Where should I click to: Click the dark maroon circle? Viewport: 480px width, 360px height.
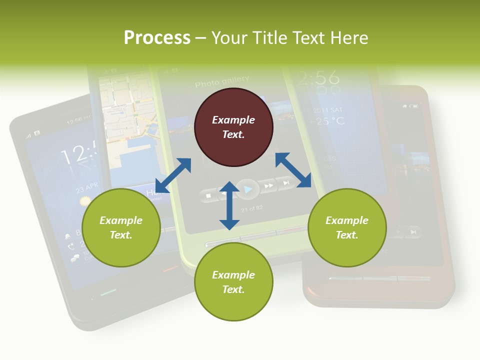233,127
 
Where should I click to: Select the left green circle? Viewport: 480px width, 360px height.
120,227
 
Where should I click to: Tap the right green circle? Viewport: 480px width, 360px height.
346,227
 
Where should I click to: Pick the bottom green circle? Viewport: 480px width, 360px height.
233,282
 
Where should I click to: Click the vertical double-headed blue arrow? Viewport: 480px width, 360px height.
229,205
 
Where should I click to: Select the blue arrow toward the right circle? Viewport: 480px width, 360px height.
293,170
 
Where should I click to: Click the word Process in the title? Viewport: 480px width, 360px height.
157,37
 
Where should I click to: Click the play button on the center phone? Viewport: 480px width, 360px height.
248,188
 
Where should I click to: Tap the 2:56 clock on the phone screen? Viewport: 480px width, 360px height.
317,77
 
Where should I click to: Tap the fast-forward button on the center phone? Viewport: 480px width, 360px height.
269,186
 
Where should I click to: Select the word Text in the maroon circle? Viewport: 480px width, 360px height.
233,134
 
